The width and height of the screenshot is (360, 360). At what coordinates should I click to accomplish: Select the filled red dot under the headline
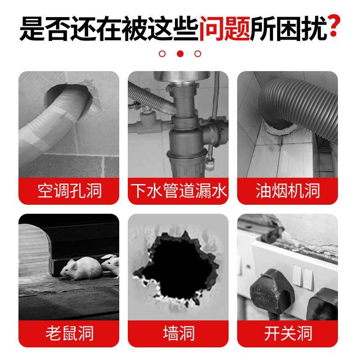coord(180,54)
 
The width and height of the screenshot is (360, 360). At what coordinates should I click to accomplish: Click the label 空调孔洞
coord(69,191)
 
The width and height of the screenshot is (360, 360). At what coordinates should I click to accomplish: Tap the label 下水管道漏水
coord(179,191)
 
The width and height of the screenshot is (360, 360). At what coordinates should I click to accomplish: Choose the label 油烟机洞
coord(288,191)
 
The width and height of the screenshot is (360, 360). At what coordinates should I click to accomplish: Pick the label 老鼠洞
coord(69,333)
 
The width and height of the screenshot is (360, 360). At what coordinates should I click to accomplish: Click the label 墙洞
coord(179,333)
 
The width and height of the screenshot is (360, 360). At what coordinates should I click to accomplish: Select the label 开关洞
coord(288,333)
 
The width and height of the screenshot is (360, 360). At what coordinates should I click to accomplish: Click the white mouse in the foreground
coord(76,269)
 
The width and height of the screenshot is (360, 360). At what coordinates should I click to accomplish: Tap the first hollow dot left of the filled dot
coord(162,54)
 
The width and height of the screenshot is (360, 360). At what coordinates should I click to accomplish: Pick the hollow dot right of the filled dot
coord(198,54)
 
